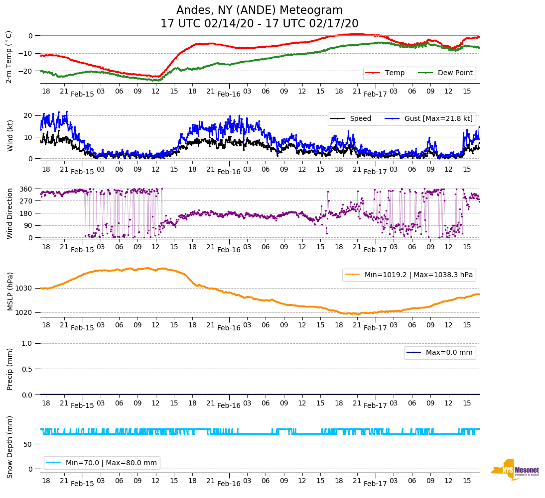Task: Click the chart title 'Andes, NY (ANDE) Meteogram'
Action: click(x=260, y=10)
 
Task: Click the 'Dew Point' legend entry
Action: click(x=455, y=73)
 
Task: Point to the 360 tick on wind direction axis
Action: click(x=26, y=189)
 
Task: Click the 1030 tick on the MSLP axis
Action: click(x=24, y=288)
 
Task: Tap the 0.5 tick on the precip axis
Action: click(x=27, y=369)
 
